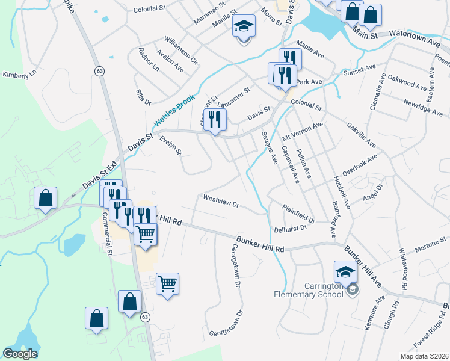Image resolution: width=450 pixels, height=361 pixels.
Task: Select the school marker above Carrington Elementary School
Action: tap(346, 274)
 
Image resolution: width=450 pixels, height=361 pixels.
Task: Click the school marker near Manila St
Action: tap(244, 28)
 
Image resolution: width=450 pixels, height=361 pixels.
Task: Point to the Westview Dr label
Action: tap(221, 200)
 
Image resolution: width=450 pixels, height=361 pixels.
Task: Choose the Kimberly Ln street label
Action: tap(19, 74)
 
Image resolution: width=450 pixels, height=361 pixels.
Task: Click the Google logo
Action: tap(20, 354)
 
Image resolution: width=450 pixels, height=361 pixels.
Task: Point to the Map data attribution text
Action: tap(424, 356)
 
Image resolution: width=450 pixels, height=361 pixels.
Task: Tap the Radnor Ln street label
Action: tap(147, 60)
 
